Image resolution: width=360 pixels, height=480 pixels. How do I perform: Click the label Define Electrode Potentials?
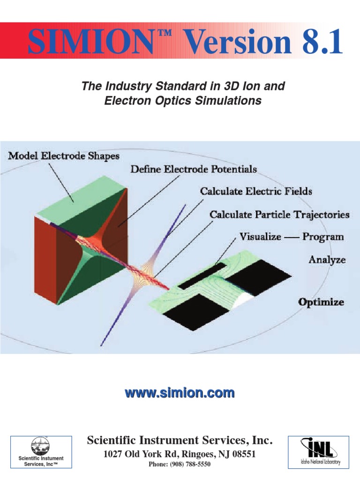pos(193,168)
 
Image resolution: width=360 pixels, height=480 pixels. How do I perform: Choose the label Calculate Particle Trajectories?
pos(279,215)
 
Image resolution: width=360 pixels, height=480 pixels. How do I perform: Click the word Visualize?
pos(261,236)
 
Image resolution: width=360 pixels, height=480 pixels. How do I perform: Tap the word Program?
pos(323,236)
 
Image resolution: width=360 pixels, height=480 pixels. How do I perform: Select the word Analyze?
pos(327,259)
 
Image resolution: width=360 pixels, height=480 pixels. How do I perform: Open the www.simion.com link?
pos(180,393)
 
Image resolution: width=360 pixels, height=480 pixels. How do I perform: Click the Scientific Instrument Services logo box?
pos(41,451)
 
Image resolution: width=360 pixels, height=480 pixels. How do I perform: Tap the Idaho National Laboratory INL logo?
pos(319,451)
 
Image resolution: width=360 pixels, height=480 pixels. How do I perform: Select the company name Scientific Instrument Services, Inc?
pos(180,440)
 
